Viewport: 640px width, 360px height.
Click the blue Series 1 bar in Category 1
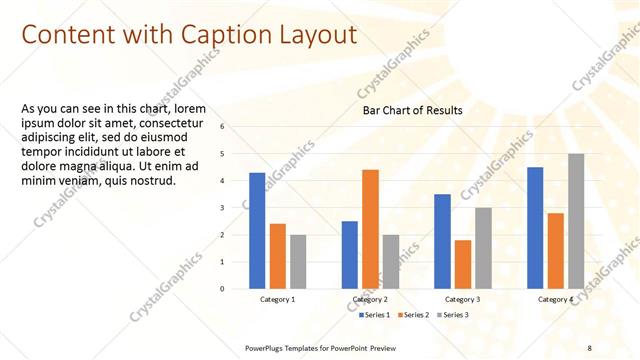click(257, 231)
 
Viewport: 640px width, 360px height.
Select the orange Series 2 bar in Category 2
click(370, 229)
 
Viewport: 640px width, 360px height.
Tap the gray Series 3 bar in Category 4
click(576, 221)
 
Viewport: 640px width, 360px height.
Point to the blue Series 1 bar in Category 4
click(535, 228)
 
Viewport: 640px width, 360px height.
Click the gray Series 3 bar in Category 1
click(299, 262)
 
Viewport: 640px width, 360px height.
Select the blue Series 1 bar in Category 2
click(350, 255)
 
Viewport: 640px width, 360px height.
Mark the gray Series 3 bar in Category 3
click(483, 248)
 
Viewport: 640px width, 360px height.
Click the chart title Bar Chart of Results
click(412, 110)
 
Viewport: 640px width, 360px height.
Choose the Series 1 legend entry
click(375, 315)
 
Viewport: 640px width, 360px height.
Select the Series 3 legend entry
click(453, 315)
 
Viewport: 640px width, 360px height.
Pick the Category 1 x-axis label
click(278, 299)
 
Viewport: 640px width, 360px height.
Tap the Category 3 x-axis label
click(463, 299)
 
